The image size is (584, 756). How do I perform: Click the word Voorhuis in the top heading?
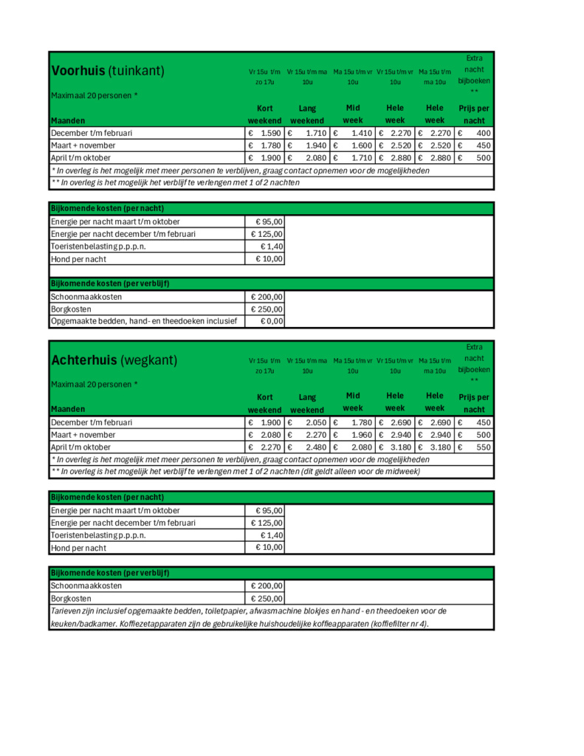pyautogui.click(x=78, y=71)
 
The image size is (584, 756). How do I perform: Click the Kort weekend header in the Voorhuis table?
pyautogui.click(x=264, y=114)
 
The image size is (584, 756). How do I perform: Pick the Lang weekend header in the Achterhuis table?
pyautogui.click(x=307, y=403)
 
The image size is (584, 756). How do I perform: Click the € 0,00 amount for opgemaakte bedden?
pyautogui.click(x=269, y=321)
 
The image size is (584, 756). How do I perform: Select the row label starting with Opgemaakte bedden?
pyautogui.click(x=144, y=321)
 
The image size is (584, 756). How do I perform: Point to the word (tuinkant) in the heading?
pyautogui.click(x=137, y=71)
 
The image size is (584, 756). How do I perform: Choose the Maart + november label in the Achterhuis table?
pyautogui.click(x=83, y=435)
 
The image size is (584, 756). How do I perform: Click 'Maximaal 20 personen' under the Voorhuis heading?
pyautogui.click(x=94, y=95)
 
